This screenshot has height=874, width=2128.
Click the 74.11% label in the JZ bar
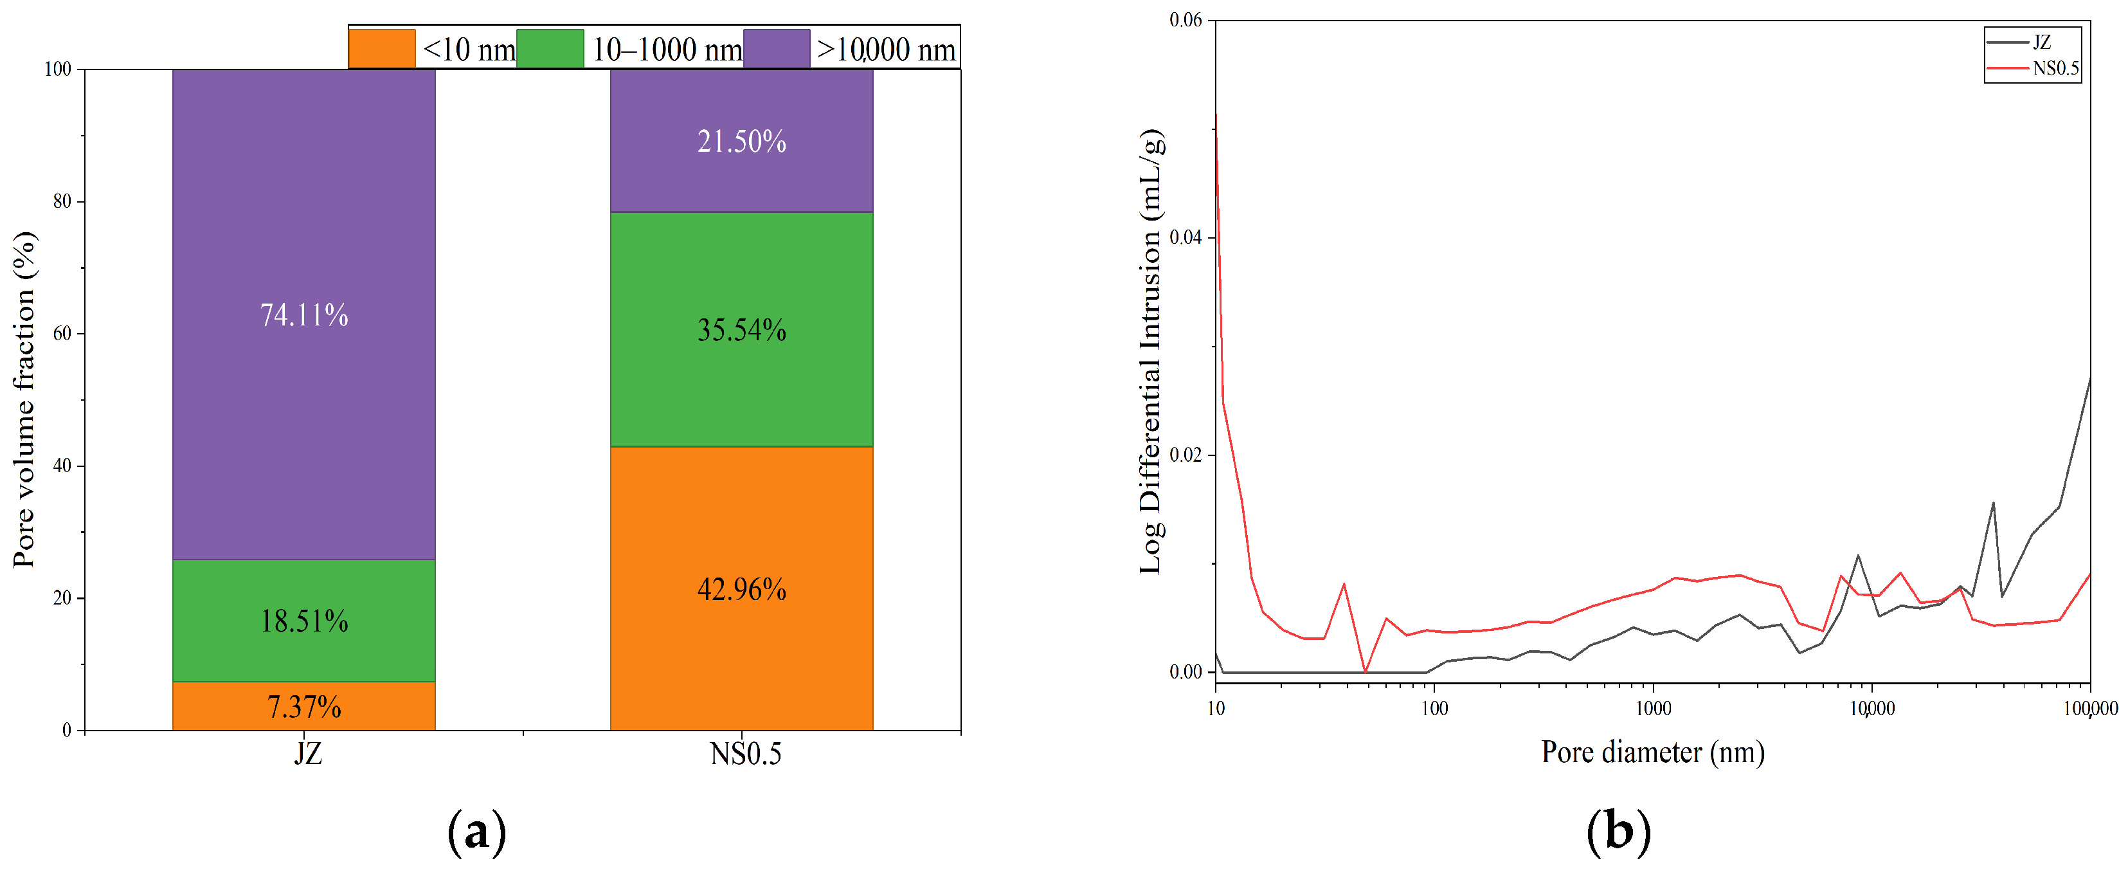[304, 314]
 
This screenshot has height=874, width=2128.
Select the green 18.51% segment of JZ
[304, 621]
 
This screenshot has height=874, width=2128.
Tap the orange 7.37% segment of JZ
[304, 706]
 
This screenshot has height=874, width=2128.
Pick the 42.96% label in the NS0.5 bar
[742, 589]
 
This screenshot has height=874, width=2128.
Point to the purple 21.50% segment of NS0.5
[742, 140]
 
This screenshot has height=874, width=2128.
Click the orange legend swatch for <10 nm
[382, 48]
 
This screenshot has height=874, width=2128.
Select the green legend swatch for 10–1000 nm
[550, 48]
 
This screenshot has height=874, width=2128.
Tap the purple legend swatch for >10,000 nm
[777, 48]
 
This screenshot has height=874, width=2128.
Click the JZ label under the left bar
[308, 753]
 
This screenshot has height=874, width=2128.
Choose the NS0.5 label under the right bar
[745, 753]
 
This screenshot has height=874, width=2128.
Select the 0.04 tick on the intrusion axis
[1186, 237]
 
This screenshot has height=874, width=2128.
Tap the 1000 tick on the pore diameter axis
[1653, 709]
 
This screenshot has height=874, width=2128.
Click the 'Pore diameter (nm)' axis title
[1653, 752]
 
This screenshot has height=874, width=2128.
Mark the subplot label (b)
[1618, 831]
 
